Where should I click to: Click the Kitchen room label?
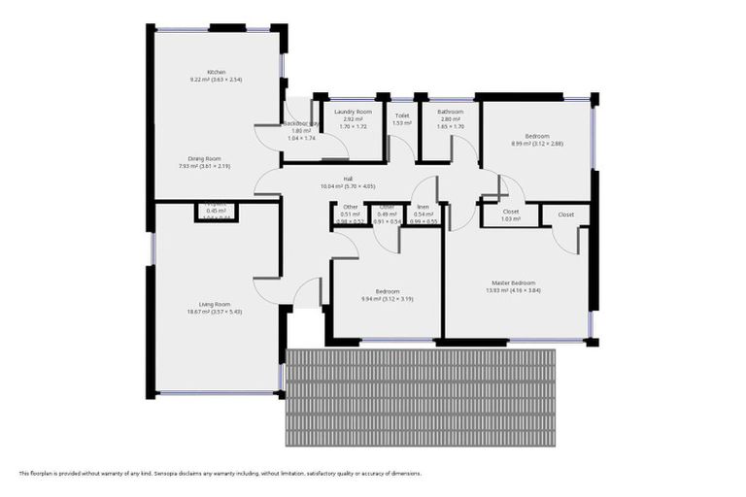coord(216,72)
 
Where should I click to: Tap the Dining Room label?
coord(205,158)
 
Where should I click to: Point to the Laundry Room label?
coord(353,112)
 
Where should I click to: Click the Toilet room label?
coord(402,116)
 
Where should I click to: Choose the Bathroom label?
coord(450,112)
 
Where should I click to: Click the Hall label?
coord(348,179)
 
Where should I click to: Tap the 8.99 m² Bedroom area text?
coord(537,144)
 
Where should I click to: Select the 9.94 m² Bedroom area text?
coord(387,299)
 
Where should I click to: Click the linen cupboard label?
coord(424,207)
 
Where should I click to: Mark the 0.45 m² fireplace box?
coord(217,211)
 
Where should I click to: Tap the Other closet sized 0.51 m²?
coord(351,215)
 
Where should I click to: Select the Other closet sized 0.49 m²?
coord(387,215)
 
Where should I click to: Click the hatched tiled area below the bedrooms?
coord(420,398)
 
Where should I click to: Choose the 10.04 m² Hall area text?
coord(348,186)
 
